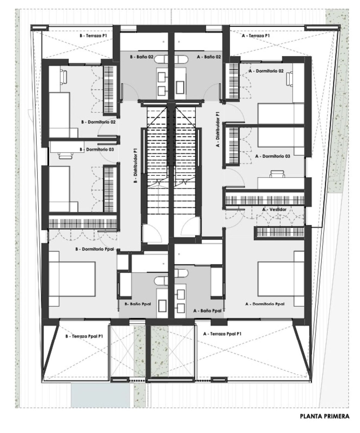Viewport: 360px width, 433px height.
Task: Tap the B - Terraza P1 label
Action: pyautogui.click(x=94, y=35)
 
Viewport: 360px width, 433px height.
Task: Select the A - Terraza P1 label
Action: pyautogui.click(x=256, y=35)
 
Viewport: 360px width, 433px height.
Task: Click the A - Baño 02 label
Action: pyautogui.click(x=209, y=57)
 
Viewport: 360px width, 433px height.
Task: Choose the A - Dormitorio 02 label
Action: pyautogui.click(x=266, y=71)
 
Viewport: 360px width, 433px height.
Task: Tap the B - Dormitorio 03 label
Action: pyautogui.click(x=97, y=149)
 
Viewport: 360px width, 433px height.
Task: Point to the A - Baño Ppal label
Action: pyautogui.click(x=208, y=311)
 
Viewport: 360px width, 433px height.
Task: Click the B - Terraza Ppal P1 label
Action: pyautogui.click(x=84, y=336)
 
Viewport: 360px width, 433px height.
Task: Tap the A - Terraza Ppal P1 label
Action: pyautogui.click(x=222, y=334)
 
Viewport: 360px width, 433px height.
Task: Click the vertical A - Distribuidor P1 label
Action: pyautogui.click(x=218, y=129)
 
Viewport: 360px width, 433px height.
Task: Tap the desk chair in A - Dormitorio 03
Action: pyautogui.click(x=277, y=174)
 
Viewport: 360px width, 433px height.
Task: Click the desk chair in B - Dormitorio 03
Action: pyautogui.click(x=66, y=155)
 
